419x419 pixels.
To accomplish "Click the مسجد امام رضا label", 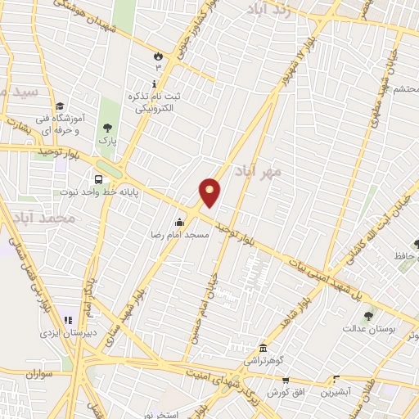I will (186, 234).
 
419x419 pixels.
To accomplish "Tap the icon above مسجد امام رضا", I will (179, 222).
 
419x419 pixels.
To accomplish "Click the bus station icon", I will (98, 179).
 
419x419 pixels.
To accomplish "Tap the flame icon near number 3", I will (156, 56).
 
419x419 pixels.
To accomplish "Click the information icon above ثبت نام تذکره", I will (155, 84).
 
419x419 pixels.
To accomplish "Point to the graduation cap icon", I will (60, 106).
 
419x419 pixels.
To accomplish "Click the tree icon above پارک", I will (107, 128).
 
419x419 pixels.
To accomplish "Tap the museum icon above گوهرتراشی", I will (262, 347).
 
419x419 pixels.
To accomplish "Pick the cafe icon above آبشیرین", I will (336, 379).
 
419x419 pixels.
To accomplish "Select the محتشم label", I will (402, 88).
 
